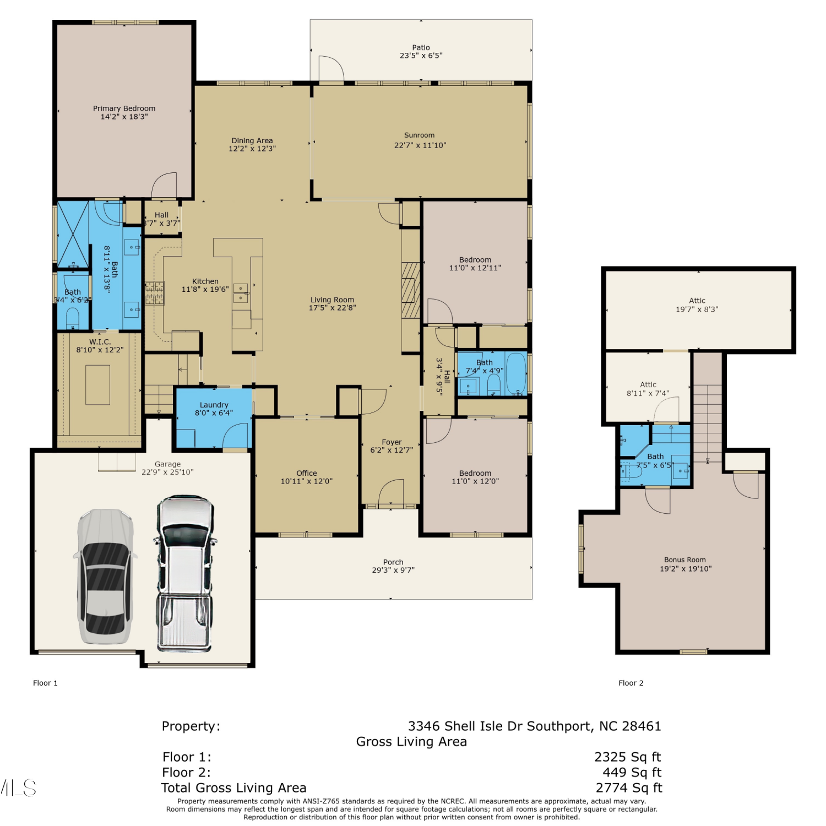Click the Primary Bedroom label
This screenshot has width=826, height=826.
tap(124, 108)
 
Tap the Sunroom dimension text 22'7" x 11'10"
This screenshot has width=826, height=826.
tap(420, 145)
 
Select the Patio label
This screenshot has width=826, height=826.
tap(421, 48)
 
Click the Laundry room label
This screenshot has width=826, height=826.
tap(214, 405)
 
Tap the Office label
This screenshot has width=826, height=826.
tap(307, 473)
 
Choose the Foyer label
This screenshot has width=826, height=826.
tap(392, 442)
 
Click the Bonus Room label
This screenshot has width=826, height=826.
tap(685, 559)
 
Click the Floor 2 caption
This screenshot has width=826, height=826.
tap(631, 683)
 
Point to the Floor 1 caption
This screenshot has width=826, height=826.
tap(45, 683)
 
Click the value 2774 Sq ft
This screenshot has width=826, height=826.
tap(629, 788)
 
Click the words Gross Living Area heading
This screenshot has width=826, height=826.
tap(411, 742)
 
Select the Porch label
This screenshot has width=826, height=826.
tap(393, 562)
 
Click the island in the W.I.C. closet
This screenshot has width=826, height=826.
tap(97, 385)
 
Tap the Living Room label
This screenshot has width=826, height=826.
tap(332, 300)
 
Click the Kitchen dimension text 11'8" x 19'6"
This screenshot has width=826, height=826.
tap(205, 289)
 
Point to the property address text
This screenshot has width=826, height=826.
tap(534, 726)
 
